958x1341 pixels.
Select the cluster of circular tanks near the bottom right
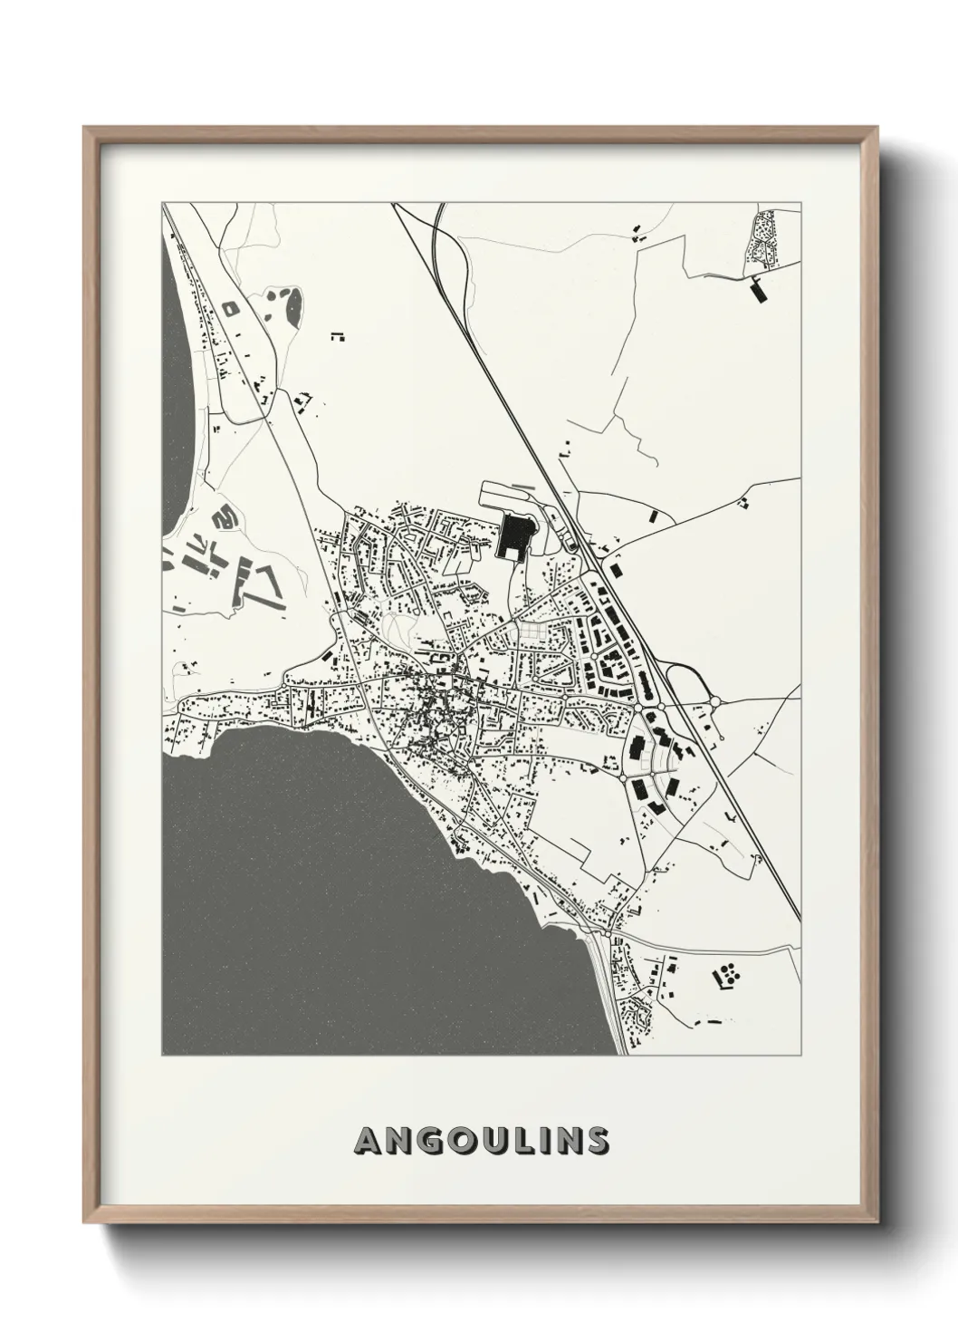[x=728, y=976]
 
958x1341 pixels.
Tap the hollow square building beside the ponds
[x=231, y=308]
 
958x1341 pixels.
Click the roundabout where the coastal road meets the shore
[x=605, y=931]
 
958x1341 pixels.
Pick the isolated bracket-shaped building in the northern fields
[x=338, y=336]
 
